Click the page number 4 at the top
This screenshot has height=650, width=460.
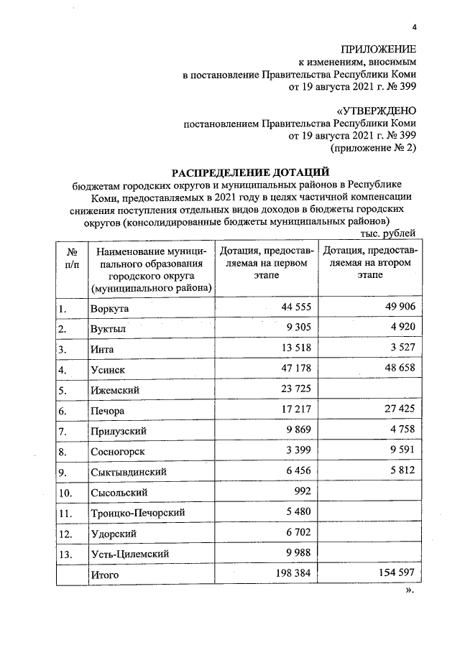pyautogui.click(x=413, y=27)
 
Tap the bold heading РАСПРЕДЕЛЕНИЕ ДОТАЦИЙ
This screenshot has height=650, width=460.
pyautogui.click(x=250, y=172)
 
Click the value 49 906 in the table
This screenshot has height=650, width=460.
pyautogui.click(x=397, y=307)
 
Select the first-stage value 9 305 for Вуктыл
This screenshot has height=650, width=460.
pyautogui.click(x=295, y=328)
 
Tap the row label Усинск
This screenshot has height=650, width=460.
pyautogui.click(x=109, y=371)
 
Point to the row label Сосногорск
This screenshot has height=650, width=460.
pyautogui.click(x=119, y=452)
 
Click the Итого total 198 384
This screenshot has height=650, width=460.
pyautogui.click(x=290, y=574)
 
